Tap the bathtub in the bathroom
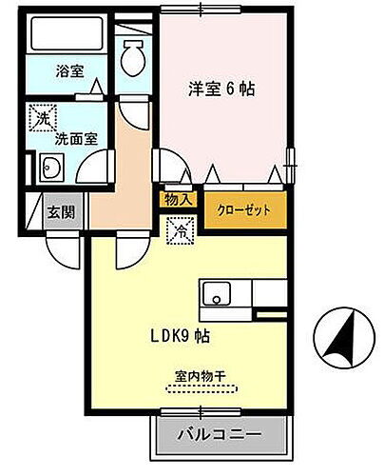coord(66,37)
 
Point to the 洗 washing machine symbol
coord(42,119)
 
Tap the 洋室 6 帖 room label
coord(221,89)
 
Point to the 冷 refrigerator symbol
coord(179,228)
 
